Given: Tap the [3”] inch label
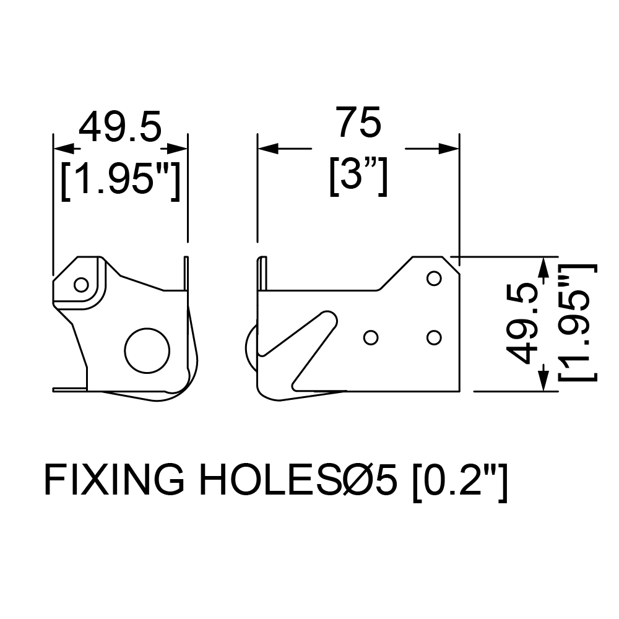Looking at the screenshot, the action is point(358,176).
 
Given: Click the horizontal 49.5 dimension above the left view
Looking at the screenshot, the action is point(121,126).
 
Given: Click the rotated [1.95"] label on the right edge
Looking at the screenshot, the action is point(578,323).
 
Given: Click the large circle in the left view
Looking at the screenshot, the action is point(147,350).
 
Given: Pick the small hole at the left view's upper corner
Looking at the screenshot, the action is point(81,285).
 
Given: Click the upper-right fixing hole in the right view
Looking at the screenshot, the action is point(434,279).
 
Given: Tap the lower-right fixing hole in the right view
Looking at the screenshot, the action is point(434,337).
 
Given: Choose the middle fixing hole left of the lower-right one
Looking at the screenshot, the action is point(371,337).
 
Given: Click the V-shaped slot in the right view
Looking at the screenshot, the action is point(300,349).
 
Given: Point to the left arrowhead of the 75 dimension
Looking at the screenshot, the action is point(268,149).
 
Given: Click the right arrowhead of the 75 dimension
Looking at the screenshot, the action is point(449,149).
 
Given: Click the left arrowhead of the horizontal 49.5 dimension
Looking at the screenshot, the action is point(64,149).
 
